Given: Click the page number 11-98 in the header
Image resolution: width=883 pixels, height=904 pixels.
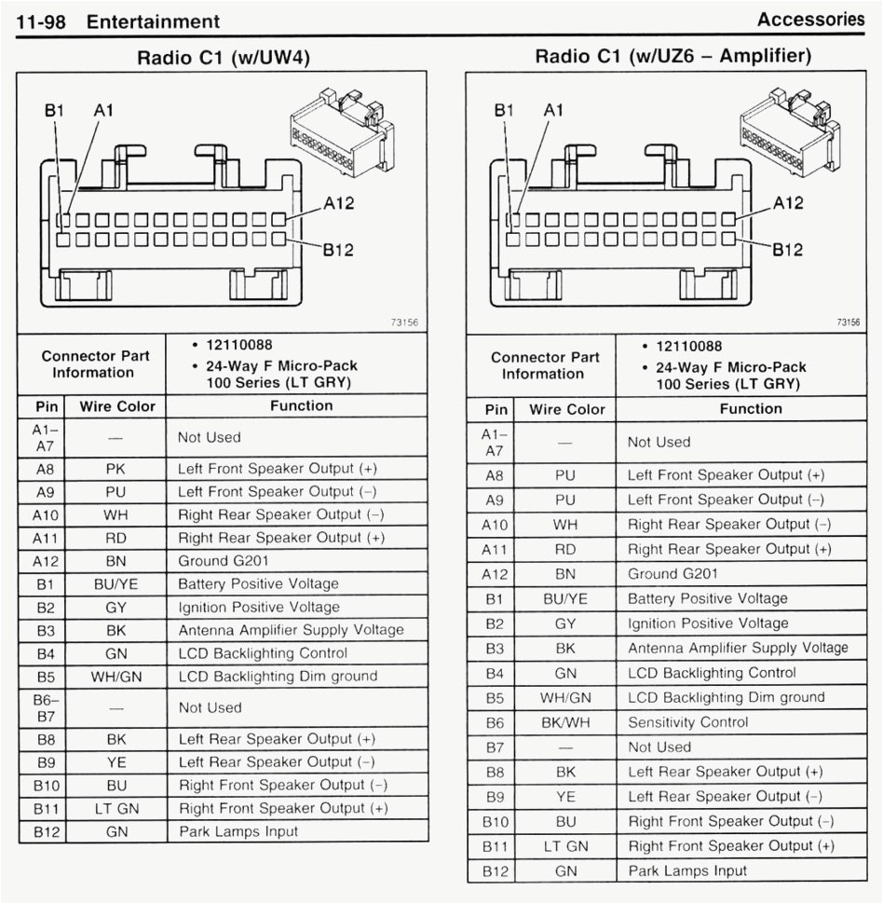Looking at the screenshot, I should pyautogui.click(x=41, y=21).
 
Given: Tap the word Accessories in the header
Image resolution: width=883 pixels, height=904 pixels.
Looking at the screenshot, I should pyautogui.click(x=810, y=19).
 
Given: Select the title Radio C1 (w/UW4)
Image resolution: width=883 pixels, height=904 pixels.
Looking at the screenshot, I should pyautogui.click(x=224, y=58).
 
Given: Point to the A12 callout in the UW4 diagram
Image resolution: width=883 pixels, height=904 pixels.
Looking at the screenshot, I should pyautogui.click(x=338, y=203).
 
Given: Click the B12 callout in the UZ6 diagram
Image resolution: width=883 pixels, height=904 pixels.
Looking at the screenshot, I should pyautogui.click(x=788, y=249).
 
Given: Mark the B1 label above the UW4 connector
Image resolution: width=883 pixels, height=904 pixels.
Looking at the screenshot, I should pyautogui.click(x=55, y=110).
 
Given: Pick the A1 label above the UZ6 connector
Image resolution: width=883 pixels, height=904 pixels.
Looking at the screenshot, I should pyautogui.click(x=553, y=110).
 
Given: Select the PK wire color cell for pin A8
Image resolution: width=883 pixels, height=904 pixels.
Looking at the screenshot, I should pyautogui.click(x=116, y=469).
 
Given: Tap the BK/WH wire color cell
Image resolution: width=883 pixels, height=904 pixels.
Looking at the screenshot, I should pyautogui.click(x=565, y=722).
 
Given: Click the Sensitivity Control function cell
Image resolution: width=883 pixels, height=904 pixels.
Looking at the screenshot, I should pyautogui.click(x=687, y=722).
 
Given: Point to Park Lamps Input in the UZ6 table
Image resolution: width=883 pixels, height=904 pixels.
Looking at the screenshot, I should pyautogui.click(x=687, y=870).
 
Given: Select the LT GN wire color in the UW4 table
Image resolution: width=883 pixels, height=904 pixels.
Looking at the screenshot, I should pyautogui.click(x=116, y=809).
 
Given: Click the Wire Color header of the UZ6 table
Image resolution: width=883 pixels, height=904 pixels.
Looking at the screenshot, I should pyautogui.click(x=566, y=409).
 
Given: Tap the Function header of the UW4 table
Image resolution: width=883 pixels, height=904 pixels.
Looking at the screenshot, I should pyautogui.click(x=301, y=405).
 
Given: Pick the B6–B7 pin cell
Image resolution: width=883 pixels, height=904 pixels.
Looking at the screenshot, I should pyautogui.click(x=46, y=707).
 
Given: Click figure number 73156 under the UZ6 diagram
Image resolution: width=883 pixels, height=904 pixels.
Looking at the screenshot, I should pyautogui.click(x=848, y=322).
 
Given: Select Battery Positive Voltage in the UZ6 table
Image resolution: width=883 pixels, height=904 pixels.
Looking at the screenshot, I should pyautogui.click(x=707, y=598).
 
